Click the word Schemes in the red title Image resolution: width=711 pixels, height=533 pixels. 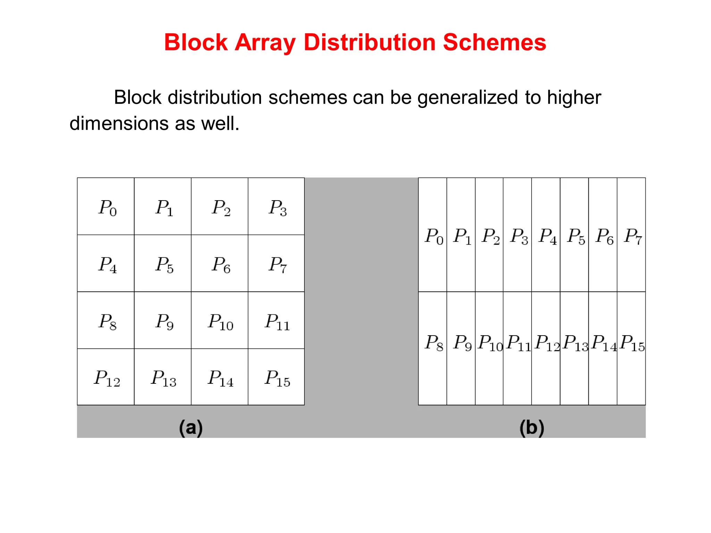coord(494,42)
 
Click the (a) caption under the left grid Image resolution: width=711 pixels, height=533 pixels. coord(191,427)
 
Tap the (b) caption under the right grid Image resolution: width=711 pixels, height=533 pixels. coord(532,427)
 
